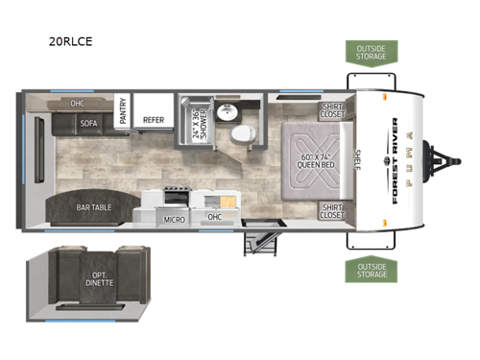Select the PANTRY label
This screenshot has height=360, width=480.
pyautogui.click(x=122, y=111)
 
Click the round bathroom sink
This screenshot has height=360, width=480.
pyautogui.click(x=227, y=113)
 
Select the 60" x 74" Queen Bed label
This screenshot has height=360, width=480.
pyautogui.click(x=315, y=160)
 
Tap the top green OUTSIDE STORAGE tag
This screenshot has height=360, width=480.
pyautogui.click(x=371, y=51)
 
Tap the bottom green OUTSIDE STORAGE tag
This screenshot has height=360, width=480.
pyautogui.click(x=371, y=270)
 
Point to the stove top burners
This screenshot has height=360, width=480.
pyautogui.click(x=175, y=200)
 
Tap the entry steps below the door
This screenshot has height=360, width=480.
pyautogui.click(x=258, y=239)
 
